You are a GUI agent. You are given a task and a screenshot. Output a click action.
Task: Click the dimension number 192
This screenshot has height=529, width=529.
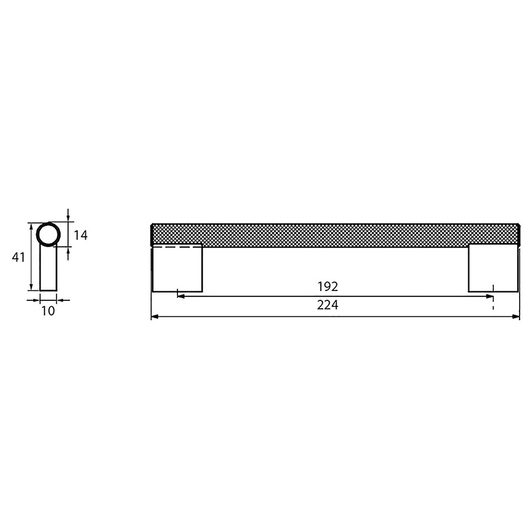pyautogui.click(x=327, y=286)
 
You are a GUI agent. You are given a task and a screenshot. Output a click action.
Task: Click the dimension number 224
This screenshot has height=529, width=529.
pyautogui.click(x=327, y=305)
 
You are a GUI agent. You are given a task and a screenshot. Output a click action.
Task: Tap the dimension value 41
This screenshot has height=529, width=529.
pyautogui.click(x=18, y=257)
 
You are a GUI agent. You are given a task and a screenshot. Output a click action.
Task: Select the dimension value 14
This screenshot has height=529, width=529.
pyautogui.click(x=81, y=235)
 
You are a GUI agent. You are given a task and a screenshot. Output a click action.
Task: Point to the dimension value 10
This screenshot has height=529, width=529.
pyautogui.click(x=48, y=311)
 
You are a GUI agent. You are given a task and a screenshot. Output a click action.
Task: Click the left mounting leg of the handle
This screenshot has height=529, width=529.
pyautogui.click(x=177, y=268)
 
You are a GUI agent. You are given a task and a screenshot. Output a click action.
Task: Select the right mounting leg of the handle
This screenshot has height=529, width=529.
pyautogui.click(x=493, y=268)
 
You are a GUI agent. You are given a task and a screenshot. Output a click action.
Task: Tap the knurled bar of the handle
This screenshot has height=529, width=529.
pyautogui.click(x=335, y=233)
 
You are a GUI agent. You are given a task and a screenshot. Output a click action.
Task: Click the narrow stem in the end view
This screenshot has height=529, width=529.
pyautogui.click(x=48, y=267)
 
